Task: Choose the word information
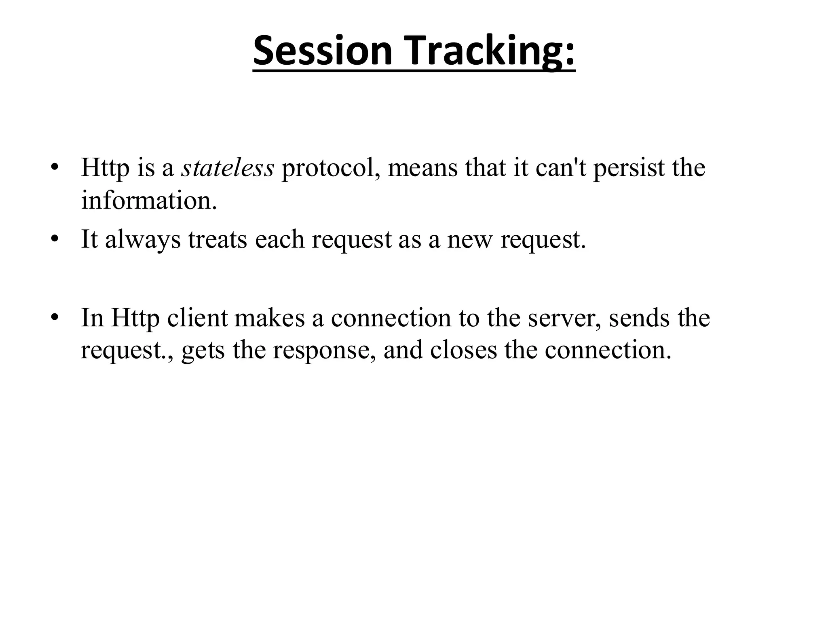[x=149, y=200]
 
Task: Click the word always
[x=143, y=239]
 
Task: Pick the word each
[x=279, y=239]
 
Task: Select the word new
[x=470, y=239]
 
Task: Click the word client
[x=197, y=318]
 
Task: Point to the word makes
[x=269, y=318]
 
